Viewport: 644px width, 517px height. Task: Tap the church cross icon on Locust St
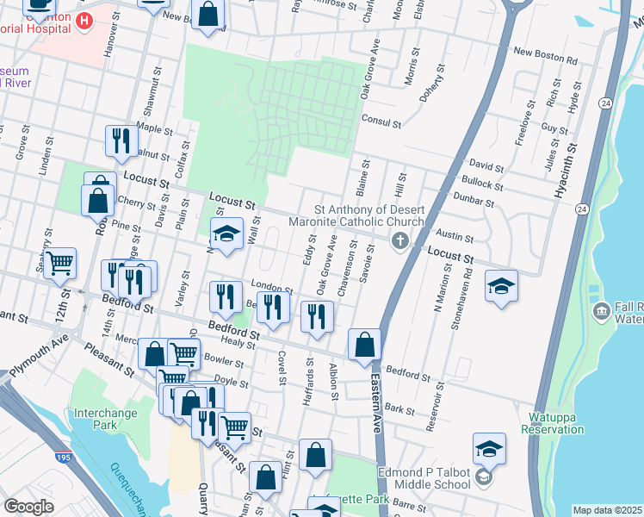399,241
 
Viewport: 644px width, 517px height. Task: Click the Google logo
29,507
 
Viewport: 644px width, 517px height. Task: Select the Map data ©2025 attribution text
607,510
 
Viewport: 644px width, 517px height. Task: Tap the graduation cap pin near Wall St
226,234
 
